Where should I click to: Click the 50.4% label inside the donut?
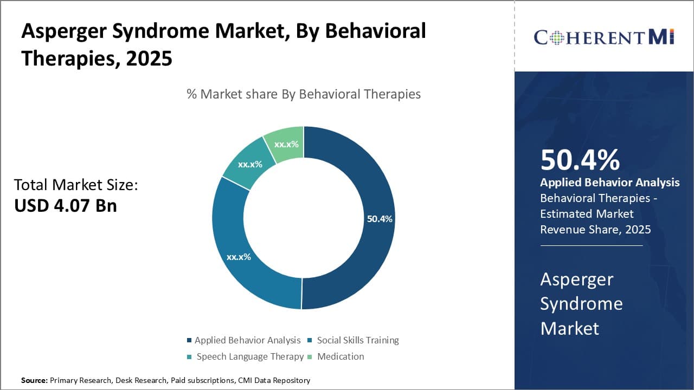[x=380, y=219]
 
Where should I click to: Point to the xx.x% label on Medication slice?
[x=286, y=145]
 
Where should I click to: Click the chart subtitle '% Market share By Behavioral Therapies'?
[x=304, y=94]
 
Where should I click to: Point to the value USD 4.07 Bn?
[x=66, y=206]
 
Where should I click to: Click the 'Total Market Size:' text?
[x=76, y=185]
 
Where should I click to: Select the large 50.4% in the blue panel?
[x=580, y=160]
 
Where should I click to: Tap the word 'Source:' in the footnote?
[x=34, y=380]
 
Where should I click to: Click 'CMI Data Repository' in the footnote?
[x=274, y=380]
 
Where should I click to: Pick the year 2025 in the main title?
[x=149, y=58]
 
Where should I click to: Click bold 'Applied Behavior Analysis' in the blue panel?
[x=609, y=183]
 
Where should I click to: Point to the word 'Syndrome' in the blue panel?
[x=581, y=303]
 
